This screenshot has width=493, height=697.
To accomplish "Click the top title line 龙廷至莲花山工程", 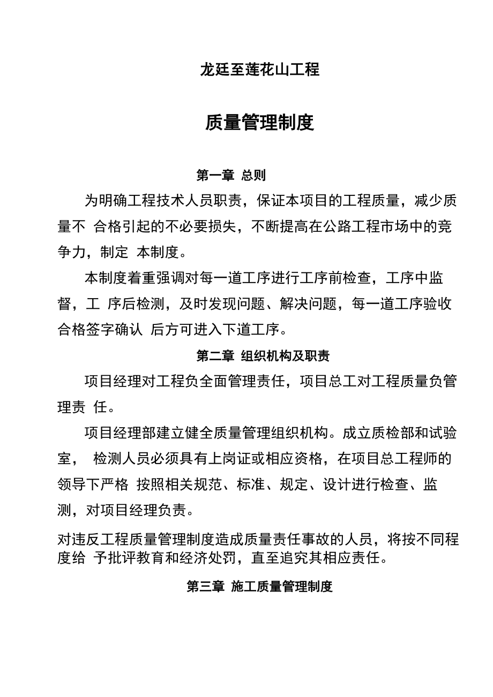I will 259,70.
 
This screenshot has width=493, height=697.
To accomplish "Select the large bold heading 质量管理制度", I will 259,123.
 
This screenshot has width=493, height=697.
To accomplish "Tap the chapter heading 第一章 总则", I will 231,175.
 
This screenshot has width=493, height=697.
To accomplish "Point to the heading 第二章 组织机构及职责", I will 263,355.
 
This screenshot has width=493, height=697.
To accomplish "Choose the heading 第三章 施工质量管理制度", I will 259,586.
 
